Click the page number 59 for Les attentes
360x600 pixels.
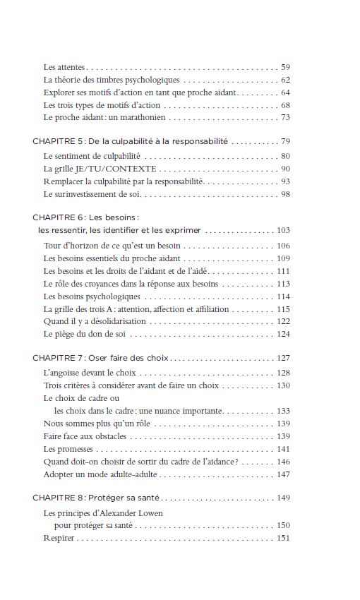coord(285,67)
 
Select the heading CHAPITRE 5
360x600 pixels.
coord(58,141)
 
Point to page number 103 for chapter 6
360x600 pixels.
coord(284,230)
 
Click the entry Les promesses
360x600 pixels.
coord(68,448)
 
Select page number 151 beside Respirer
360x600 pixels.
coord(284,539)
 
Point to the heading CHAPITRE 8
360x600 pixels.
coord(58,498)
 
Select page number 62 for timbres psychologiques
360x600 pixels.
coord(285,80)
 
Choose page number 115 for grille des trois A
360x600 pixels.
coord(284,308)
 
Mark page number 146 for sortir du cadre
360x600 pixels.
coord(284,462)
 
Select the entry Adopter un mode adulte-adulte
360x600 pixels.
coord(97,474)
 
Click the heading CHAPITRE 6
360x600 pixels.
coord(58,217)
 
